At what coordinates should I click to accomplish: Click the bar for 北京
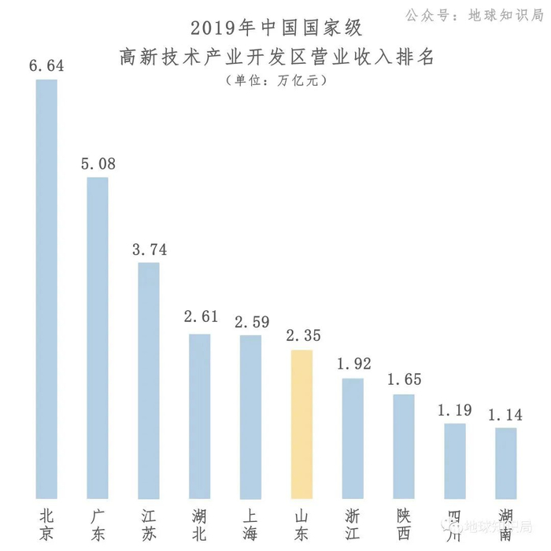46,288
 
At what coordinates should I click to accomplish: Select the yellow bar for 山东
302,423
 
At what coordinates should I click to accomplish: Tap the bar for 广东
98,337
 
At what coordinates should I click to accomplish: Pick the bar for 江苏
149,379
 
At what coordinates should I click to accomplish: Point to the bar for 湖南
505,462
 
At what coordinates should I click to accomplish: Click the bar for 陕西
404,446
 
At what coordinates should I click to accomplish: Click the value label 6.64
46,65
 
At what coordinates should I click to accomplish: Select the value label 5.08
98,164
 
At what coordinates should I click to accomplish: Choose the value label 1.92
353,364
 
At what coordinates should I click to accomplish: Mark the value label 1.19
455,410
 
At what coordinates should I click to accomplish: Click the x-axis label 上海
251,524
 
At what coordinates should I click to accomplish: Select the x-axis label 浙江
353,524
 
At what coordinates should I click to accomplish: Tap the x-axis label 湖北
200,524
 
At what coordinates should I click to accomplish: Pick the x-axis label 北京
46,524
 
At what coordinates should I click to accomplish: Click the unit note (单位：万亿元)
275,80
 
